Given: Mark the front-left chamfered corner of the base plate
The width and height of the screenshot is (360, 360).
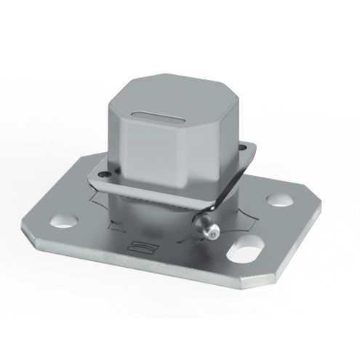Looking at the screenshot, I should coord(33,238).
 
